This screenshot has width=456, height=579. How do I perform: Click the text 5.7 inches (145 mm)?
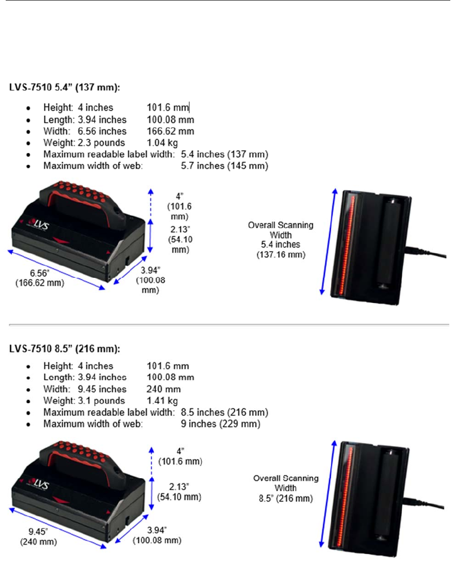click(x=225, y=166)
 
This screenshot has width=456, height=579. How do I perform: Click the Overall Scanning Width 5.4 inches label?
click(x=280, y=240)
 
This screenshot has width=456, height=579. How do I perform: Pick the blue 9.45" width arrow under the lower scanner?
click(x=57, y=529)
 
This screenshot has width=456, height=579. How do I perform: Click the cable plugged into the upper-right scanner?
click(x=429, y=258)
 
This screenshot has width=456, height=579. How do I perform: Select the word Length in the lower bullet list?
click(x=56, y=378)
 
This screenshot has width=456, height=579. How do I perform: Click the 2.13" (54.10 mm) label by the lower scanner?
click(x=179, y=492)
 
